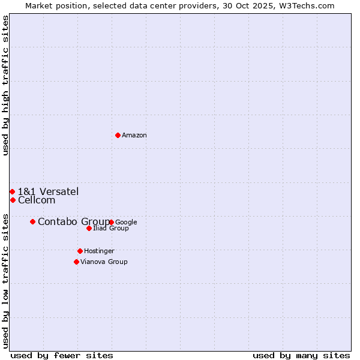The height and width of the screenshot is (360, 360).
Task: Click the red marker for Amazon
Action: coord(118,135)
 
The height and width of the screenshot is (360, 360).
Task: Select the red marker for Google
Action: coord(112,222)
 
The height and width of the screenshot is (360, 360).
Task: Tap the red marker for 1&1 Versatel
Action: coord(12,191)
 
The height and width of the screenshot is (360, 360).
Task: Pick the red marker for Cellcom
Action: coord(13,200)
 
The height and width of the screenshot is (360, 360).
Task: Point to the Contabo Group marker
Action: coord(32,221)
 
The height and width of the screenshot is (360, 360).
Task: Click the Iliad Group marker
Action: coord(89,228)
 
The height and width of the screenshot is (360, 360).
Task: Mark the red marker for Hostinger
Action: coord(80,251)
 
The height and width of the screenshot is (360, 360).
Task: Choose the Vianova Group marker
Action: coord(76,262)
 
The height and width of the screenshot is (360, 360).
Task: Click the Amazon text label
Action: coord(134,135)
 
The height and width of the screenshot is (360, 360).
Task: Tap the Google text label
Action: coord(126,222)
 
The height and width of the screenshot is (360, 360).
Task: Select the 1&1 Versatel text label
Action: coord(48,191)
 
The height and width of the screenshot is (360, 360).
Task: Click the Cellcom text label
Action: coord(37,200)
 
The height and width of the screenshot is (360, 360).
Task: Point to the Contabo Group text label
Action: coord(73,222)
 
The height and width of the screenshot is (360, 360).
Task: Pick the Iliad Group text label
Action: coord(111,228)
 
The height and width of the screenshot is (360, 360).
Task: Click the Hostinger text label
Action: coord(99,251)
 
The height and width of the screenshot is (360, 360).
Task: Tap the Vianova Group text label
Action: coord(104,262)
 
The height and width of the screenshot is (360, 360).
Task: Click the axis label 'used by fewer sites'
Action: coord(62,355)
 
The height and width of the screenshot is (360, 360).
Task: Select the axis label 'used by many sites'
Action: coord(301,355)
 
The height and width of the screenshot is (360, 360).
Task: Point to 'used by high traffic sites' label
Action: coord(5,85)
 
